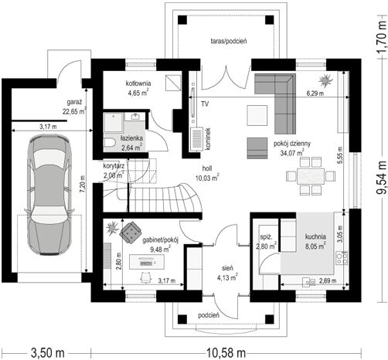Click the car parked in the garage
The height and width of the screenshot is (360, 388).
pos(49,195)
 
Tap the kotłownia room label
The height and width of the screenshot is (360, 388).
pos(138,83)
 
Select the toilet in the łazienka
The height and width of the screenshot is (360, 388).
pos(111,142)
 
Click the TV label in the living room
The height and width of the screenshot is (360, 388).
pos(205,104)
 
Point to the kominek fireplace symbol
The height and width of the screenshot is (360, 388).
pos(197,139)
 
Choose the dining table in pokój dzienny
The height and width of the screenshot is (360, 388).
pos(311,176)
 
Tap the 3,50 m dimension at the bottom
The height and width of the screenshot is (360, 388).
pos(48,352)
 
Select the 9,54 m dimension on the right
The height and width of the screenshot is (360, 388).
pos(381,178)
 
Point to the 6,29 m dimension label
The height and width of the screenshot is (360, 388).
pos(315,93)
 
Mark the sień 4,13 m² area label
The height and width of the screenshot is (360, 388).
pos(227,273)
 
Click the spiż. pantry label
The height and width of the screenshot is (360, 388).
pos(266,237)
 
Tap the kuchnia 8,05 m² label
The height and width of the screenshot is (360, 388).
pos(315,241)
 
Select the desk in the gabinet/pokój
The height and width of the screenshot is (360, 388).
pos(147,262)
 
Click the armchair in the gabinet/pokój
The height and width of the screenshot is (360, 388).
pos(131,233)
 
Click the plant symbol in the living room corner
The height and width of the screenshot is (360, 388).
pos(325,80)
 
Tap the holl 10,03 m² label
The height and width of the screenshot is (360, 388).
pos(207,173)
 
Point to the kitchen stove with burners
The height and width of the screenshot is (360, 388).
pos(342,258)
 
